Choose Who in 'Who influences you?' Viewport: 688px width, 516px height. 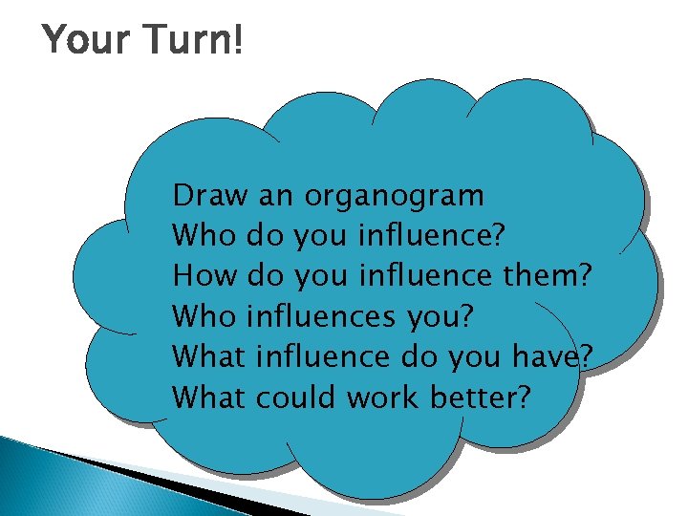204,315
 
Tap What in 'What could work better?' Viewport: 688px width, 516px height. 210,396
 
